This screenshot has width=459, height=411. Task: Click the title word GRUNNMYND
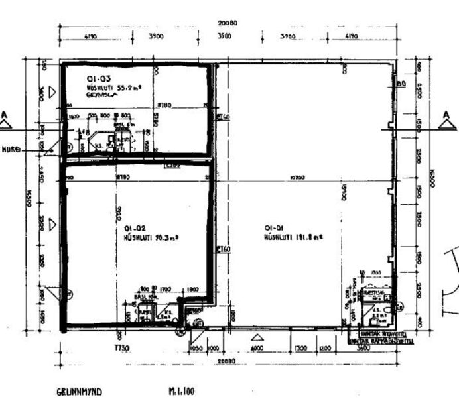point(79,392)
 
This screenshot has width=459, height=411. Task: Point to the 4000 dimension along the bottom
point(257,348)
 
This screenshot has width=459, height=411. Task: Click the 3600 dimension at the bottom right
point(363,348)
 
